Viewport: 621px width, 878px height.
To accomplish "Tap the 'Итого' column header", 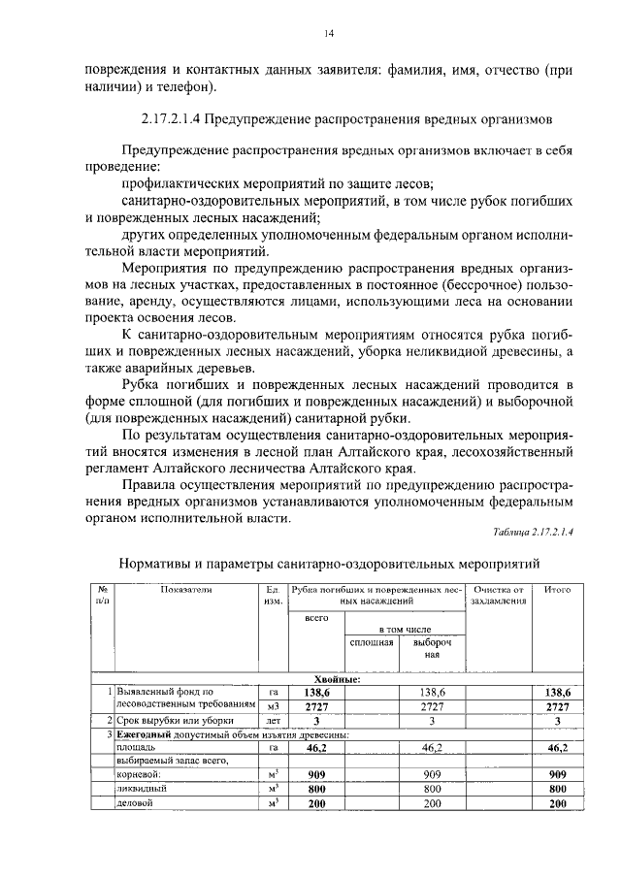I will [557, 590].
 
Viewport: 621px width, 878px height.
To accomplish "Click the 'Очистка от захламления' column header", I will [497, 596].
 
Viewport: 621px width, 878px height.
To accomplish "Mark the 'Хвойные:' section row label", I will [337, 679].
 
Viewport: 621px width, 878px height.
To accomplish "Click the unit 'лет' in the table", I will [273, 722].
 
